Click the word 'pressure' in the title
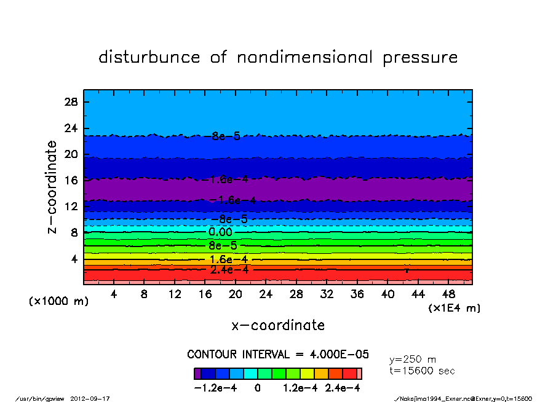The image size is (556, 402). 421,58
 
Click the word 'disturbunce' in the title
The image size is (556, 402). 149,58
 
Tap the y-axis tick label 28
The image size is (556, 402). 71,102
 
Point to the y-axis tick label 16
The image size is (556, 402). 71,180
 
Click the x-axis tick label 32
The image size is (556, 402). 327,294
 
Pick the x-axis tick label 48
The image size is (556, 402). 448,294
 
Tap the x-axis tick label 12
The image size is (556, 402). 175,294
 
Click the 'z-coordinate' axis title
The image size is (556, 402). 52,187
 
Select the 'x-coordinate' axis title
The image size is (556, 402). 278,325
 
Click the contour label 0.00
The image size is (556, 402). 220,232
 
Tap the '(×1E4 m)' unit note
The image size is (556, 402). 455,308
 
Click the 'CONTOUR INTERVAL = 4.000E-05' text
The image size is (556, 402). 277,355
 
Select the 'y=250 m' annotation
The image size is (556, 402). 413,359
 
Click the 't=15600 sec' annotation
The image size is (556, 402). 423,371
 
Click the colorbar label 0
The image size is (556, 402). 258,388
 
